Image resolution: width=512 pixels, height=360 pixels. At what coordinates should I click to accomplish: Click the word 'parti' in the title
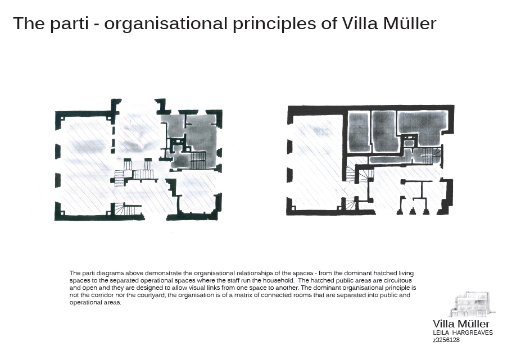69,24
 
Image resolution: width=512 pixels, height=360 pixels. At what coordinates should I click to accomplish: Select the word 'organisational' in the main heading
166,24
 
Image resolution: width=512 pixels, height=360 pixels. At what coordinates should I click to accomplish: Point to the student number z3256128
446,340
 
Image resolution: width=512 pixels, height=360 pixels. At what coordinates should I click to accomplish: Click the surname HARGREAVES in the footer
473,332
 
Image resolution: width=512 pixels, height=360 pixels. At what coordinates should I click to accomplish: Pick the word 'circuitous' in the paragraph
398,280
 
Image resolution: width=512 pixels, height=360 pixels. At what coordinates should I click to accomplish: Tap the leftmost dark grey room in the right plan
359,131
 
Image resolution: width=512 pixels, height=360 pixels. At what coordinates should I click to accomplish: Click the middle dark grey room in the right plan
384,131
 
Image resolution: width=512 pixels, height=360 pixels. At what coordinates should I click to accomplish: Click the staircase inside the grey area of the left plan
198,160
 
